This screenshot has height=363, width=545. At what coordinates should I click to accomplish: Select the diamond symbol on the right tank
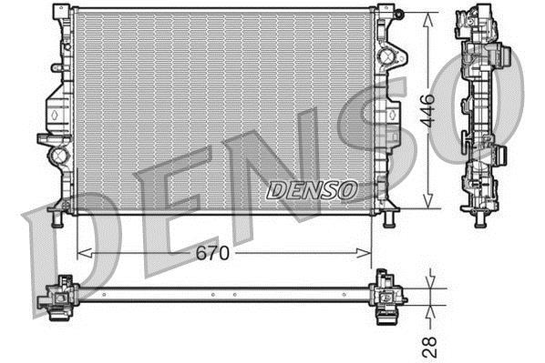coord(391,116)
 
